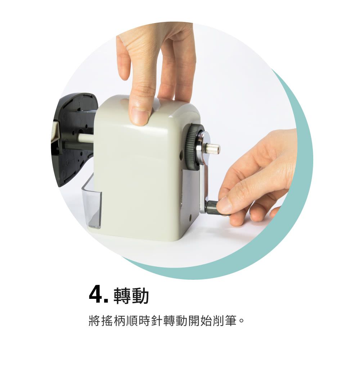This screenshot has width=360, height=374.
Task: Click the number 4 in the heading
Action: pos(96,295)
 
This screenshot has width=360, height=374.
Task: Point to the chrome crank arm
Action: pos(203,180)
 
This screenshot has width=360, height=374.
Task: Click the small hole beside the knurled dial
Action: pos(181,155)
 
